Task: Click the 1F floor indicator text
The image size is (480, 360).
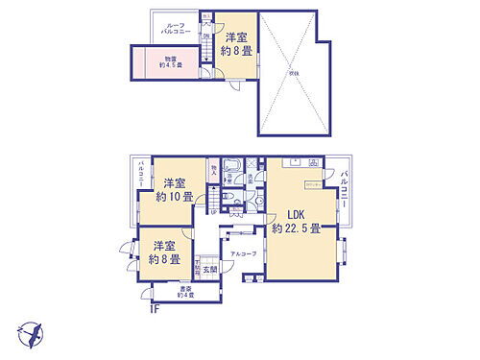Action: point(155,308)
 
